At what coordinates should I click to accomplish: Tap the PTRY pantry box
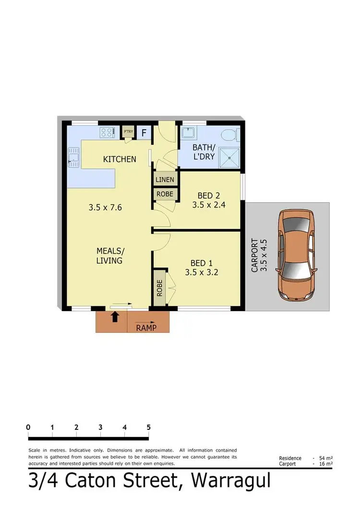(x=128, y=132)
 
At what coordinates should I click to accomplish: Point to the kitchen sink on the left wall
(x=73, y=157)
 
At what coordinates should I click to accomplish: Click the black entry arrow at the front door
(x=115, y=316)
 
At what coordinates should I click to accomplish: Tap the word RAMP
(x=147, y=328)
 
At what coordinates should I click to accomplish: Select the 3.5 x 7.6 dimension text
(x=106, y=208)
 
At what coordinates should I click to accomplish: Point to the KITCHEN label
(x=120, y=159)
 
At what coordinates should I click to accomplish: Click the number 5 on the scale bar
(x=149, y=427)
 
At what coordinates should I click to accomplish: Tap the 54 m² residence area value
(x=326, y=458)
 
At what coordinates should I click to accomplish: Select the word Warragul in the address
(x=230, y=481)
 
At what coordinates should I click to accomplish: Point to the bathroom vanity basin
(x=189, y=132)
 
